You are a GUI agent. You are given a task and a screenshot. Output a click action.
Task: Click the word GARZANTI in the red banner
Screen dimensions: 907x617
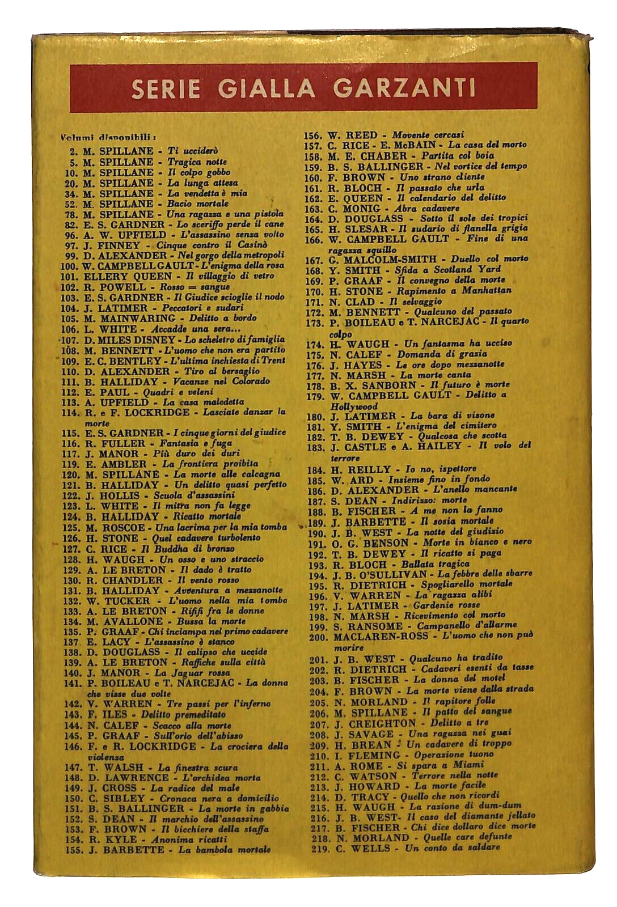404,88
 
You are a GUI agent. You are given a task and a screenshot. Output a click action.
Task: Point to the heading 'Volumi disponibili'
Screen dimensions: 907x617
108,137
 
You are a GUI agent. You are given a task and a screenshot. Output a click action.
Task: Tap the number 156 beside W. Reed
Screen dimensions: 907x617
314,135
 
